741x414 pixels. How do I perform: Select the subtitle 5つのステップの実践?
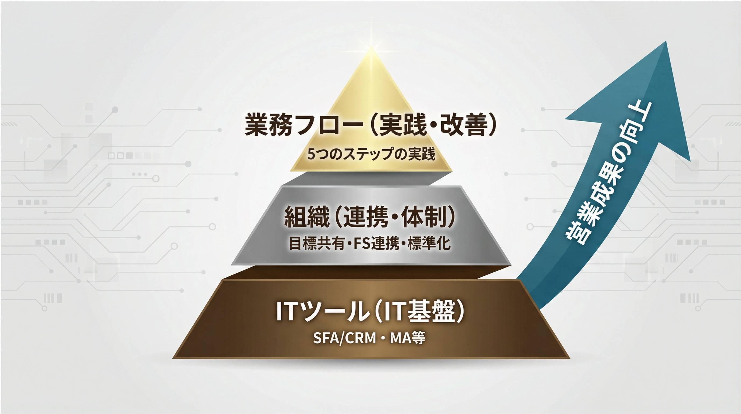pyautogui.click(x=371, y=154)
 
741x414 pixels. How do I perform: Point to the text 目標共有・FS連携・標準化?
pyautogui.click(x=370, y=243)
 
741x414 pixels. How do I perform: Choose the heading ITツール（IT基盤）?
pyautogui.click(x=370, y=312)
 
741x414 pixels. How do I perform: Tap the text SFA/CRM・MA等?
pyautogui.click(x=369, y=338)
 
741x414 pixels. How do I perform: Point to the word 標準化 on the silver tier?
pyautogui.click(x=429, y=243)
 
